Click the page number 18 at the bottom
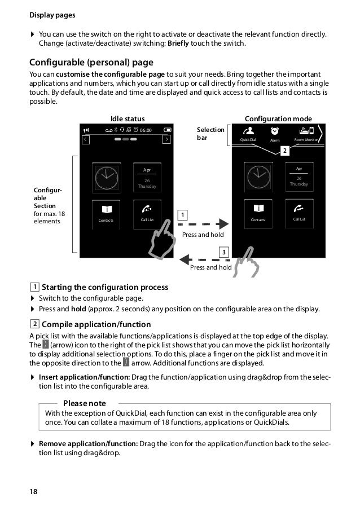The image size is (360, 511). [34, 492]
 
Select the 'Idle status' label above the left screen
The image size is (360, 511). [128, 118]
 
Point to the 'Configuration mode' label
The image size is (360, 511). [278, 118]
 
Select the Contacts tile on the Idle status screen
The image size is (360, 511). [106, 214]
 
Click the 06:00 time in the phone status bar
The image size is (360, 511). [146, 130]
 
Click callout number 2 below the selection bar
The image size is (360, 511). [285, 151]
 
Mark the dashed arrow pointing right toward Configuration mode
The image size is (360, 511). [206, 223]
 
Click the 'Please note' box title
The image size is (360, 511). [84, 403]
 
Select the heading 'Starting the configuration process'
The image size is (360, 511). [105, 287]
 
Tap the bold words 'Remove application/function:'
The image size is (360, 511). [88, 443]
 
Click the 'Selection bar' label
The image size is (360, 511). [210, 134]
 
